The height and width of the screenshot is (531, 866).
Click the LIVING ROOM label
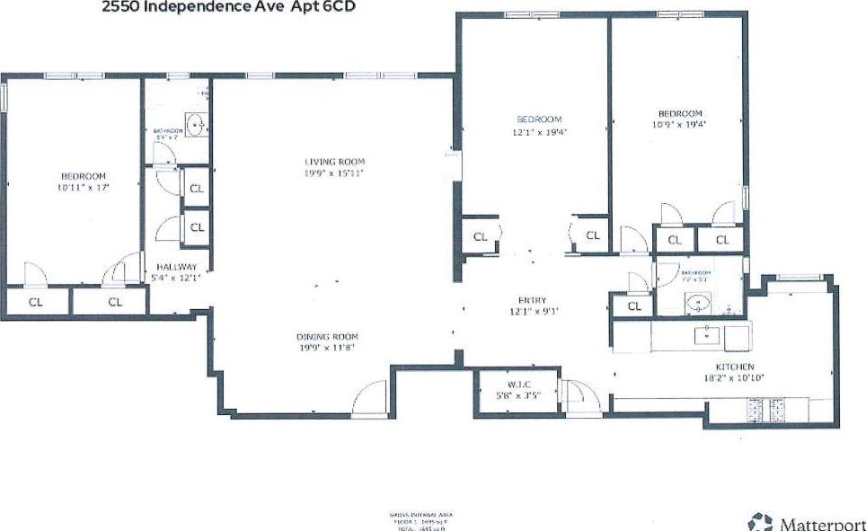coord(334,162)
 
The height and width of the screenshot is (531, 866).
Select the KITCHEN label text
coord(734,367)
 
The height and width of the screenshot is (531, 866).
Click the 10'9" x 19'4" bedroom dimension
coord(679,126)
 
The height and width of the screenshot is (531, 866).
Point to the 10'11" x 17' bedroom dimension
coord(84,188)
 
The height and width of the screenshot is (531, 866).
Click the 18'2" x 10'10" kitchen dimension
coord(734,378)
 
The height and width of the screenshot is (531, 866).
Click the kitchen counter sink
coord(708,336)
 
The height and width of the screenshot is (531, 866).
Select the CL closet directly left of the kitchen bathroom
coord(634,305)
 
